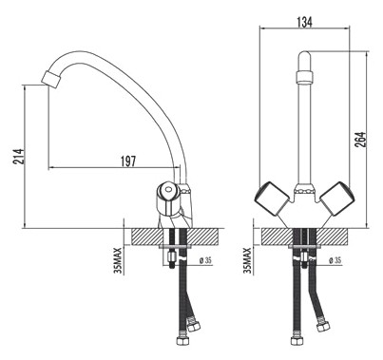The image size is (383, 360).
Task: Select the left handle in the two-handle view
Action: [x=269, y=199]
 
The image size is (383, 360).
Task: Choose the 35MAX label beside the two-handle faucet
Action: [x=248, y=256]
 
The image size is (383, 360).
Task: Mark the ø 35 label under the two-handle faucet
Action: [x=335, y=260]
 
